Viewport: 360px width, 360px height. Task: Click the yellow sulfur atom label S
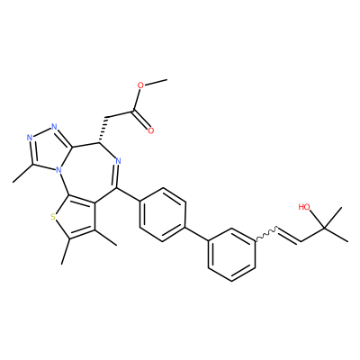click(x=53, y=217)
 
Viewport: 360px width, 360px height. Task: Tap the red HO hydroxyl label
click(x=304, y=207)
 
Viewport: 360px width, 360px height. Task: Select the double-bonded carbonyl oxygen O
click(x=150, y=130)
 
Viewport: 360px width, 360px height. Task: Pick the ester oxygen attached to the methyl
click(x=140, y=85)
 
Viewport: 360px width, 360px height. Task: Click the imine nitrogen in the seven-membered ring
click(x=118, y=161)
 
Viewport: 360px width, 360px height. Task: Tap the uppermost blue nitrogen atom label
click(x=54, y=126)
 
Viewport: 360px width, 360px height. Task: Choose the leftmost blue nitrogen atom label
click(x=30, y=138)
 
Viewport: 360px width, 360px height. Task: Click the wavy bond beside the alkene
click(x=266, y=235)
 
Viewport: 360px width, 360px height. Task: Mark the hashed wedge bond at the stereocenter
click(x=103, y=130)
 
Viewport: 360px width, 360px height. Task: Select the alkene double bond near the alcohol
click(x=289, y=236)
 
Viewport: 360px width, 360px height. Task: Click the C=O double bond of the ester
click(x=140, y=120)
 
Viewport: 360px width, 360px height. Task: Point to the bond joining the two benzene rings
click(x=196, y=233)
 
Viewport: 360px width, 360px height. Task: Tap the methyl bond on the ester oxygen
click(x=156, y=82)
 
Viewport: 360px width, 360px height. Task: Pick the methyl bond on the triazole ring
click(x=23, y=173)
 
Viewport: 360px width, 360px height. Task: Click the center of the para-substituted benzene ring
click(x=163, y=214)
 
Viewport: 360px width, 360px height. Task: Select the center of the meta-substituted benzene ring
click(x=231, y=255)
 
